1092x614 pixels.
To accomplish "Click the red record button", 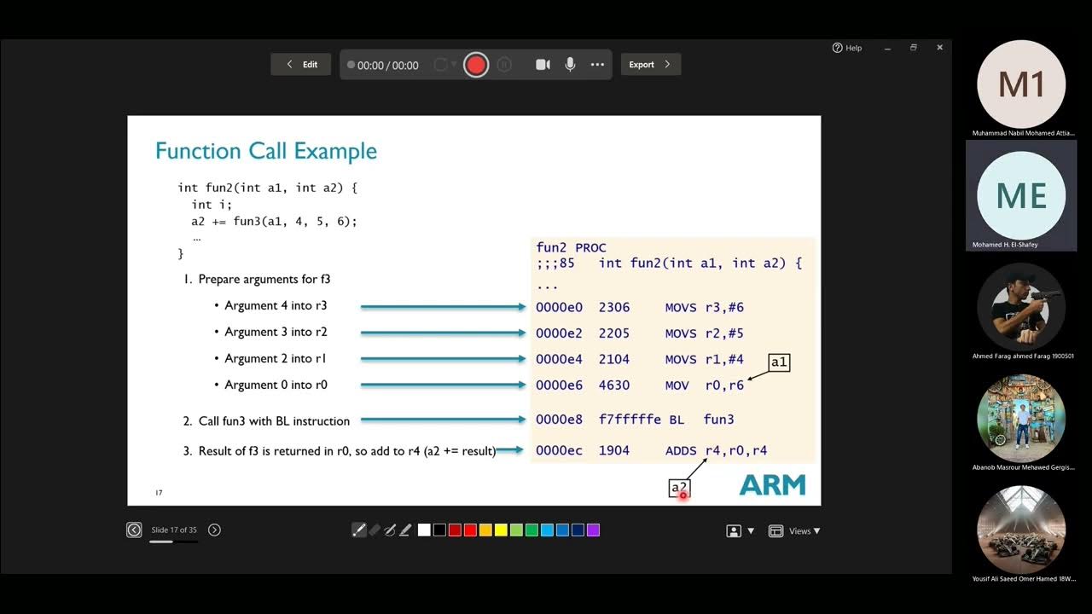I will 476,65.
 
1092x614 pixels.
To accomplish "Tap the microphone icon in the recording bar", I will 570,65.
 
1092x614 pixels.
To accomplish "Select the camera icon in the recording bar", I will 543,65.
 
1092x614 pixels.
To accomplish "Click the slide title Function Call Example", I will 266,152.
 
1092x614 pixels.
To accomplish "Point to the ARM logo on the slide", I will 772,485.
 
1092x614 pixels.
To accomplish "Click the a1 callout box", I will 779,362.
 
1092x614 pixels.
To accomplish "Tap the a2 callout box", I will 678,488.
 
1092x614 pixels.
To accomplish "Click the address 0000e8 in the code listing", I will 559,420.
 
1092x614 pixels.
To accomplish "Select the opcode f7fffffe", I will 630,420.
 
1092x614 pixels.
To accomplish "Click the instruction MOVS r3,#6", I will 704,307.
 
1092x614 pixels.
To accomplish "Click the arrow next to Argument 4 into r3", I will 443,307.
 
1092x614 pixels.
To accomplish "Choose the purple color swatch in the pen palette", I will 593,530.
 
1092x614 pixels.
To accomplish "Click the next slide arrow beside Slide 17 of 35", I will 214,530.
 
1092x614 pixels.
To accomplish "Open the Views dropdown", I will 794,531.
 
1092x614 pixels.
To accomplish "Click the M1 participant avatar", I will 1021,84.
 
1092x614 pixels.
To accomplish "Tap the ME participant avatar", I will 1021,196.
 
